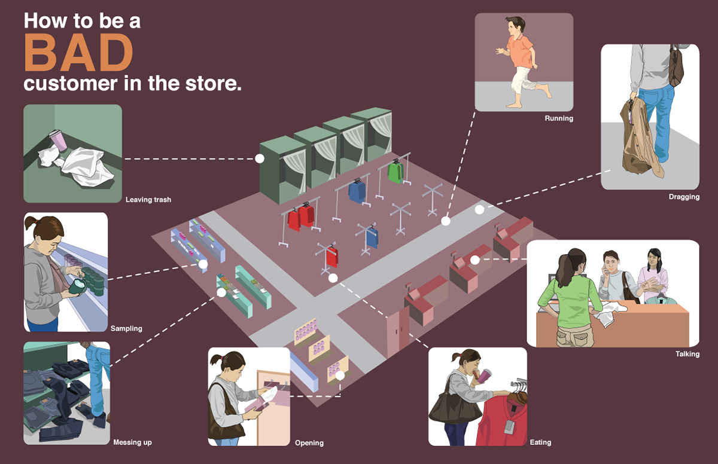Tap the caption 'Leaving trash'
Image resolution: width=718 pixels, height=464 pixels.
point(148,200)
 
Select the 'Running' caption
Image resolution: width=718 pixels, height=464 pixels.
point(559,118)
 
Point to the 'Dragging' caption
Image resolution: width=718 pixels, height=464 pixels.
point(684,197)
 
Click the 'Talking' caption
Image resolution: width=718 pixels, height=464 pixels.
point(687,354)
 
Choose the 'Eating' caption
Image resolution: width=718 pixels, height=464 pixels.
point(540,442)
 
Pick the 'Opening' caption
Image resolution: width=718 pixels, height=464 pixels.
point(309,443)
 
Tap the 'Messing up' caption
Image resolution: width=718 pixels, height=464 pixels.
point(132,442)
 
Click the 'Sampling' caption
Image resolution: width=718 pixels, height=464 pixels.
point(126,328)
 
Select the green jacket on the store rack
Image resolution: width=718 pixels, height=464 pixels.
point(395,172)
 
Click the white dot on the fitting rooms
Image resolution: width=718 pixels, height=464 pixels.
point(260,158)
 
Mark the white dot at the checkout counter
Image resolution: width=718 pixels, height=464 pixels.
point(474,260)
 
